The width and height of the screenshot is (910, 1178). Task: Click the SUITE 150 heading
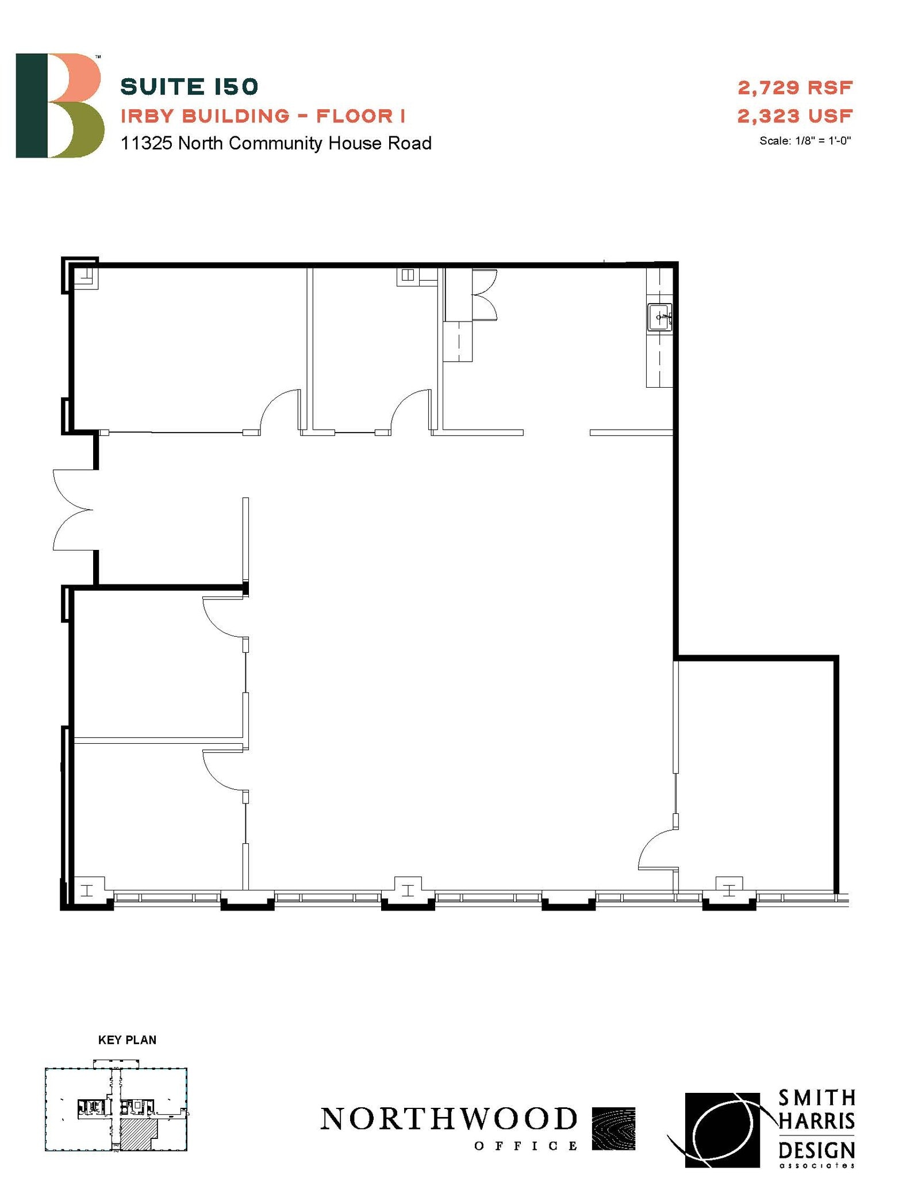point(189,87)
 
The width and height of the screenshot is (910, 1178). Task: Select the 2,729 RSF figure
point(794,88)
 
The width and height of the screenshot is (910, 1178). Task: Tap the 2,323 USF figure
point(794,116)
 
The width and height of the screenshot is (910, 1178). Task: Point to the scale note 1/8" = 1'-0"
point(805,141)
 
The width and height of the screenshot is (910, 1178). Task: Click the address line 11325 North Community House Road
point(276,143)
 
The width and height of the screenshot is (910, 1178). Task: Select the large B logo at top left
point(59,106)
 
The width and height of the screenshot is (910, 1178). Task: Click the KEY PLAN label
point(127,1040)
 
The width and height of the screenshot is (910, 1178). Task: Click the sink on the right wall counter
point(660,317)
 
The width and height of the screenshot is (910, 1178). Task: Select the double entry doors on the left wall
point(74,510)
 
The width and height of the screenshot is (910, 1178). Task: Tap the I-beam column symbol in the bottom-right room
point(729,890)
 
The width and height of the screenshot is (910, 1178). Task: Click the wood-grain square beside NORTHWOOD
point(613,1129)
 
